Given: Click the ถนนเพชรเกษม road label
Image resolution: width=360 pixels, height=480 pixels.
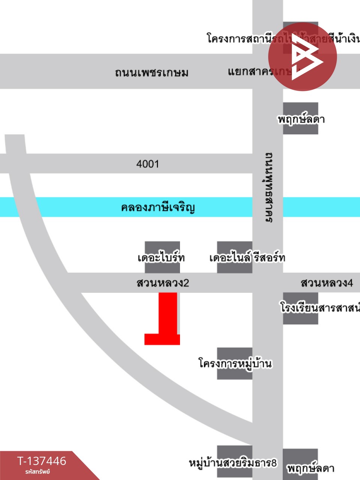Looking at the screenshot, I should point(151,72).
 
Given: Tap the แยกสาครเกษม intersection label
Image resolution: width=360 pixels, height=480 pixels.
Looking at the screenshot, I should point(259,71).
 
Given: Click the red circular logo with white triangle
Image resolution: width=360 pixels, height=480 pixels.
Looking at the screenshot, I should point(303,57).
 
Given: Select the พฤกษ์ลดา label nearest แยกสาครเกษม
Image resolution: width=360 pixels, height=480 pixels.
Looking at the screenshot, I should point(301,119).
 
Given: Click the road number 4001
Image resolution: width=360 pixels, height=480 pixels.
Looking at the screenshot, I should point(148,164).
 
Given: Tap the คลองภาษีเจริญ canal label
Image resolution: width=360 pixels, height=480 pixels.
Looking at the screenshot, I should point(158,207).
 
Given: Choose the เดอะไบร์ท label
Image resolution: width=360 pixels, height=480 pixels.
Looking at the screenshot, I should point(161,258).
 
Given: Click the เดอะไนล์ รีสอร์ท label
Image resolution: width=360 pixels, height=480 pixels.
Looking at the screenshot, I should point(247,258).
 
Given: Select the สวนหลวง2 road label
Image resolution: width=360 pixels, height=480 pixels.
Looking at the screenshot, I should point(163,283).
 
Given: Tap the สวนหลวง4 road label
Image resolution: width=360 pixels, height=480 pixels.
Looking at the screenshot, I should point(327,283).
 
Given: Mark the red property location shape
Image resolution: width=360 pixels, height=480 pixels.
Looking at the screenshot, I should point(166,319).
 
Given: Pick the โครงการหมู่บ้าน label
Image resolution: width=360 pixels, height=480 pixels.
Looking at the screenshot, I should point(235,363).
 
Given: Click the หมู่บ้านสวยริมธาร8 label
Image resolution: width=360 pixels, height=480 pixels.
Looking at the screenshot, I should point(232,463).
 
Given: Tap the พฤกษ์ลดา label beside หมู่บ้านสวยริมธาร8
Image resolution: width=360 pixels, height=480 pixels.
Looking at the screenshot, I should point(310,468).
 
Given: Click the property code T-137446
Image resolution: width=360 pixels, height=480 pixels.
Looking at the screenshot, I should point(42,461).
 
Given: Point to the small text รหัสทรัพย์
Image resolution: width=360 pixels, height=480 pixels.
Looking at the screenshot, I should point(37,472).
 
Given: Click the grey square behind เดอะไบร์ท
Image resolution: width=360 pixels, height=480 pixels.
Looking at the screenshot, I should point(162,247).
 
